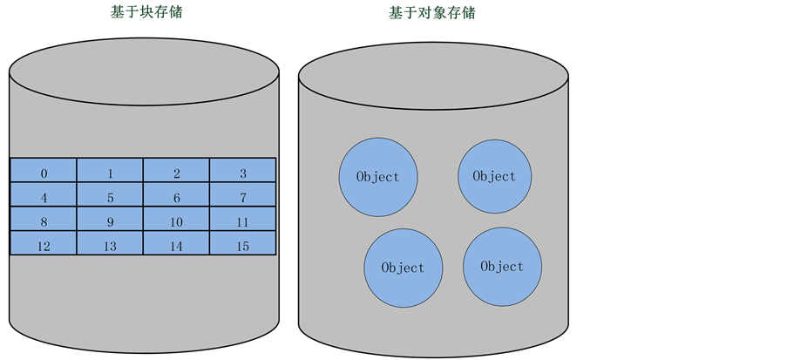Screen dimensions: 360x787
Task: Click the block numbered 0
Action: tap(44, 173)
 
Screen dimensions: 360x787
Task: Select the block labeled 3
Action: tap(243, 173)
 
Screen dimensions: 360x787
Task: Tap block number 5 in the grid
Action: tap(110, 197)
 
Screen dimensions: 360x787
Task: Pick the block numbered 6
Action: tap(176, 197)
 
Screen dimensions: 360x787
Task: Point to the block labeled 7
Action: tap(243, 197)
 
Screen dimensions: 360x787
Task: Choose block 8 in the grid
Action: tap(44, 221)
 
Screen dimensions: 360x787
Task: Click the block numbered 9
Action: tap(110, 221)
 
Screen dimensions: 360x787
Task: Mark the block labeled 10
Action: tap(176, 221)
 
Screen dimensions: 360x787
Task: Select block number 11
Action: tap(243, 221)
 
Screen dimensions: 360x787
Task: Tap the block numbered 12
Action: tap(44, 246)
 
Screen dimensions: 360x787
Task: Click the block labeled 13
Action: tap(110, 246)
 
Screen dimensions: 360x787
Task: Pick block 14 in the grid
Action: tap(176, 246)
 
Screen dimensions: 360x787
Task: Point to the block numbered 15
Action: tap(243, 246)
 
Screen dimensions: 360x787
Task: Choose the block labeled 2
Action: tap(176, 173)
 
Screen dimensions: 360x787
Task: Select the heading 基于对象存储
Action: tap(431, 13)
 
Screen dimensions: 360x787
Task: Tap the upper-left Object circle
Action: tap(378, 177)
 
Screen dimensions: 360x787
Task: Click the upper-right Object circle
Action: tap(494, 176)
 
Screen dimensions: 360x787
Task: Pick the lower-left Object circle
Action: tap(404, 268)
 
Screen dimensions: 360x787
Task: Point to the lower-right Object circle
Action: tap(502, 267)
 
